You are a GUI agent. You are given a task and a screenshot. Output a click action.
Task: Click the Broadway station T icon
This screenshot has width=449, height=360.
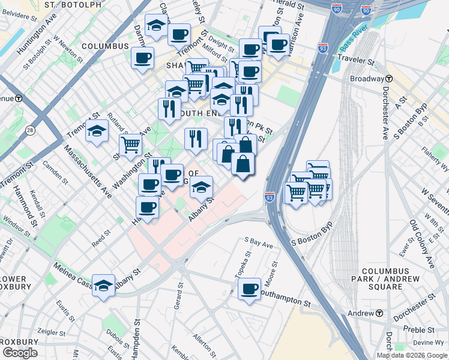pyautogui.click(x=389, y=79)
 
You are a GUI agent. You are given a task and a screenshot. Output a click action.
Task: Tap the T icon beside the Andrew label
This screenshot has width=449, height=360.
pyautogui.click(x=379, y=313)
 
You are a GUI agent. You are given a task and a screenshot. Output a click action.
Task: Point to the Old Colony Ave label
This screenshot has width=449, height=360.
pyautogui.click(x=423, y=244)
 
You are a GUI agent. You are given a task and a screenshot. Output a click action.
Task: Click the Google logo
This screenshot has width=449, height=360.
pyautogui.click(x=20, y=353)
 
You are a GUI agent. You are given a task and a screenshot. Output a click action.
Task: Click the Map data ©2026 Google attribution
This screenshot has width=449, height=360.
pyautogui.click(x=412, y=355)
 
